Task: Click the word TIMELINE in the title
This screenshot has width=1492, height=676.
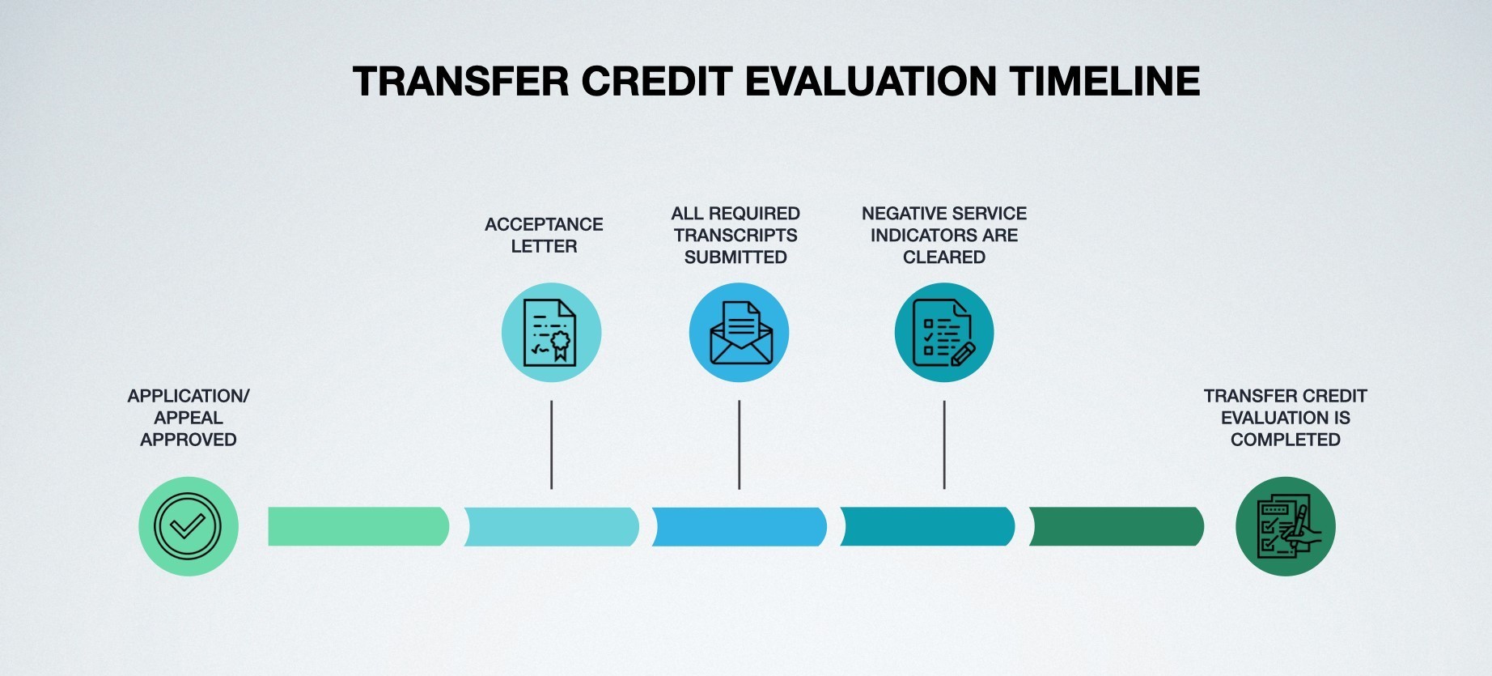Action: click(1104, 81)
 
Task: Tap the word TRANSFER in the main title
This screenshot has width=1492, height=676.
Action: click(460, 81)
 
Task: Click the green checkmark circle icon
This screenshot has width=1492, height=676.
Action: click(189, 526)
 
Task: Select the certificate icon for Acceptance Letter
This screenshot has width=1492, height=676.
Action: click(551, 333)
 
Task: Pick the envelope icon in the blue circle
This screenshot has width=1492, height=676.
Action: click(739, 333)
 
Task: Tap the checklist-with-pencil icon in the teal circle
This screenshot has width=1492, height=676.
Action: click(944, 333)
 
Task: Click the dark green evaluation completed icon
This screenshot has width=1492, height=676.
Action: click(1286, 526)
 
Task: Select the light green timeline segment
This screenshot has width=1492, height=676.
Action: click(358, 526)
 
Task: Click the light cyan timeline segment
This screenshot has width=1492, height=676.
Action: click(551, 526)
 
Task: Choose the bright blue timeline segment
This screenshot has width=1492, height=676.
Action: click(739, 526)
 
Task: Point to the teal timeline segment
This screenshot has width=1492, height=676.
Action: click(927, 526)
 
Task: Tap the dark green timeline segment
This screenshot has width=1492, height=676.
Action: click(1117, 526)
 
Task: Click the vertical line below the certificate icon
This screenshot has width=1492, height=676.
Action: click(551, 444)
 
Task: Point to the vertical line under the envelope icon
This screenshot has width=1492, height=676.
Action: click(739, 444)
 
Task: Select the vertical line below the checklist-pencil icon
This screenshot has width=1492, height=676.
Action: click(944, 444)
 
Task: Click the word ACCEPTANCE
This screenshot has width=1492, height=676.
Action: click(544, 224)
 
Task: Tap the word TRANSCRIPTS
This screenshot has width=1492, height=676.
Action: click(735, 236)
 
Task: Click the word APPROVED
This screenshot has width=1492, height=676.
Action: click(189, 440)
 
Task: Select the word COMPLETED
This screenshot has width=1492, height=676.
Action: click(1286, 440)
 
